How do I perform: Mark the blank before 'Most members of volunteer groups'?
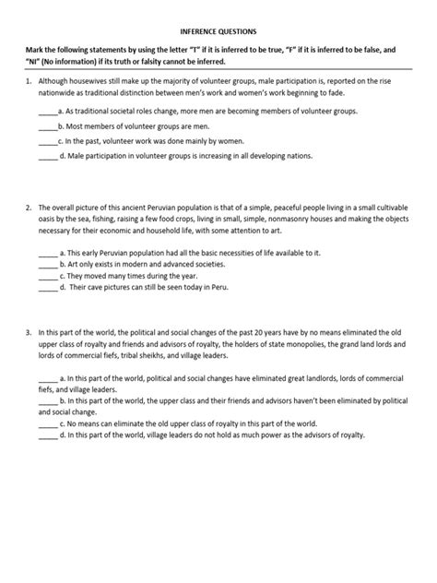47,125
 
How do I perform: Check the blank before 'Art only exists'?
47,262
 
